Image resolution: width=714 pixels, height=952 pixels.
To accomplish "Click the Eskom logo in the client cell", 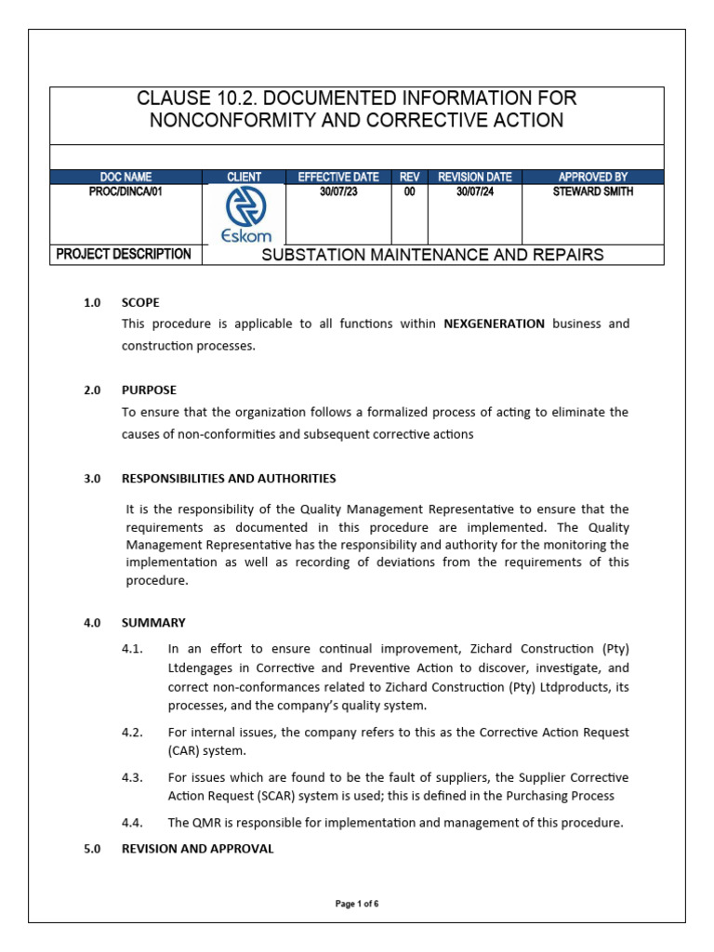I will (x=244, y=214).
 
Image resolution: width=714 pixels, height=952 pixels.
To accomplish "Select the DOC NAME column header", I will (x=126, y=177).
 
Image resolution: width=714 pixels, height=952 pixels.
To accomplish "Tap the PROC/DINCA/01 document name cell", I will (x=126, y=192).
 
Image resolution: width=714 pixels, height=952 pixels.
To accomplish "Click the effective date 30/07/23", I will (x=338, y=192).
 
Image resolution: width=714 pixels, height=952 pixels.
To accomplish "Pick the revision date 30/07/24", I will (x=474, y=192).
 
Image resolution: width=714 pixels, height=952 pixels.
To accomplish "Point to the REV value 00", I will (x=409, y=192).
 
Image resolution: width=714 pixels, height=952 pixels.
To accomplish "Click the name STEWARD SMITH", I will (x=592, y=192).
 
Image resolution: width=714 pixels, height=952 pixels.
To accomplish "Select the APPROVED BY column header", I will (x=592, y=177).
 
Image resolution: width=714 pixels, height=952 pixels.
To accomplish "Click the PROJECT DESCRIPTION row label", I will (x=124, y=254).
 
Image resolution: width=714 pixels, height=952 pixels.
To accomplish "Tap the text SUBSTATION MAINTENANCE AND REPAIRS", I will (x=432, y=255).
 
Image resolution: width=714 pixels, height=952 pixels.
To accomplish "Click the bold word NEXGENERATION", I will (x=494, y=324).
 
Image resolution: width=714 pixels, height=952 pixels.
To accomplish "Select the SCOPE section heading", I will (x=140, y=302).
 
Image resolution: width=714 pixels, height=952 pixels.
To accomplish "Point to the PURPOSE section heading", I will (x=149, y=390).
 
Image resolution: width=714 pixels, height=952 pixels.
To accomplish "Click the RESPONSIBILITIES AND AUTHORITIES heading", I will (x=229, y=478).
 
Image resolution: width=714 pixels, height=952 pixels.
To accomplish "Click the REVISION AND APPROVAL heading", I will (x=197, y=848).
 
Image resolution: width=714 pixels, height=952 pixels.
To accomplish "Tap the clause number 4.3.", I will (x=132, y=776).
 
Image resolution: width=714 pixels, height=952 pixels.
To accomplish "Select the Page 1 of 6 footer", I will (x=357, y=904).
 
